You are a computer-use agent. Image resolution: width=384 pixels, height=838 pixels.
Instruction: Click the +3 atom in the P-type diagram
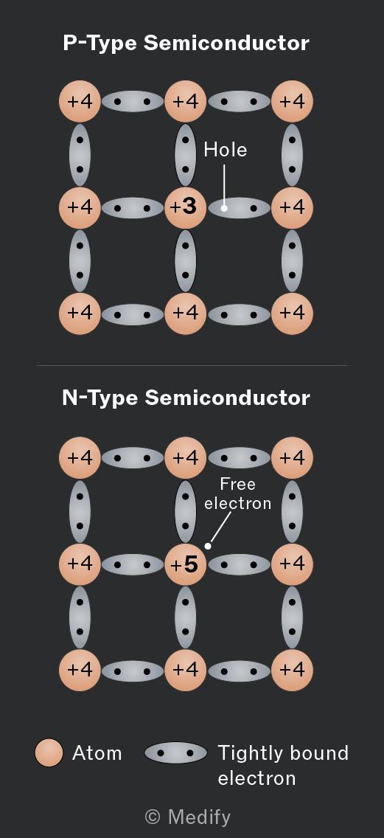click(x=185, y=207)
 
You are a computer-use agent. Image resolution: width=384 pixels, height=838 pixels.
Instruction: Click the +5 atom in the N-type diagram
click(x=185, y=564)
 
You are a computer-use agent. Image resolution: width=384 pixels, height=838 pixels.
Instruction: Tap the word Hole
click(x=226, y=150)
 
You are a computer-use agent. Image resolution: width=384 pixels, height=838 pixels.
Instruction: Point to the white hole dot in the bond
click(x=224, y=208)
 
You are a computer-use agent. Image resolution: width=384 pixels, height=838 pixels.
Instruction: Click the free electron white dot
click(x=208, y=546)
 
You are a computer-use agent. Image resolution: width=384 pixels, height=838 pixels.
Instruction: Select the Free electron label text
click(x=237, y=494)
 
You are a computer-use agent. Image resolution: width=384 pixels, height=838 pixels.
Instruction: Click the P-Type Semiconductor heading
click(x=186, y=44)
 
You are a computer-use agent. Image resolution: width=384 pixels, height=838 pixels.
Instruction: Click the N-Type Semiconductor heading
click(x=186, y=398)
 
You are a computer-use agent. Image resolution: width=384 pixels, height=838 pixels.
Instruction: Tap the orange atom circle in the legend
click(x=49, y=753)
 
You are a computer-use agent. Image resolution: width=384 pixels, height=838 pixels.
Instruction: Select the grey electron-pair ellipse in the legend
click(x=175, y=753)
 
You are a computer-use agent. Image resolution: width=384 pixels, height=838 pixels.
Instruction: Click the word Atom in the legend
click(x=97, y=753)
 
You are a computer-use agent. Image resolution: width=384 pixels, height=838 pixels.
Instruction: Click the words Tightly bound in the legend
click(x=283, y=753)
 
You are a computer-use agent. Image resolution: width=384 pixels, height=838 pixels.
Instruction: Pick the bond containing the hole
click(x=240, y=208)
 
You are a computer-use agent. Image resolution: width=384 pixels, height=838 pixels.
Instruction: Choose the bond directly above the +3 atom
click(x=185, y=155)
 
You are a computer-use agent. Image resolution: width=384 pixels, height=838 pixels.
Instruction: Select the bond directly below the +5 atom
click(x=185, y=617)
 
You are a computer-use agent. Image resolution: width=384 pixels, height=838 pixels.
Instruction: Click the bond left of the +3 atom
click(x=133, y=208)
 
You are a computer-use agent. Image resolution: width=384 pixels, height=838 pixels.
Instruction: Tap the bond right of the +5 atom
click(x=240, y=564)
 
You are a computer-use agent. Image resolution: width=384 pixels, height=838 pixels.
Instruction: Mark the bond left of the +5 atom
click(x=133, y=564)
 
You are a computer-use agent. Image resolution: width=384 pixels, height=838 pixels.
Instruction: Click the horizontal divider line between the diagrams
click(x=192, y=366)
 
